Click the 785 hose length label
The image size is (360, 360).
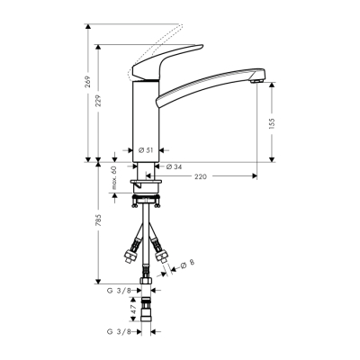(99, 220)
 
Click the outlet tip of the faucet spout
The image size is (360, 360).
(259, 83)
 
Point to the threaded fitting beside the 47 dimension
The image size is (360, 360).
(148, 310)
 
